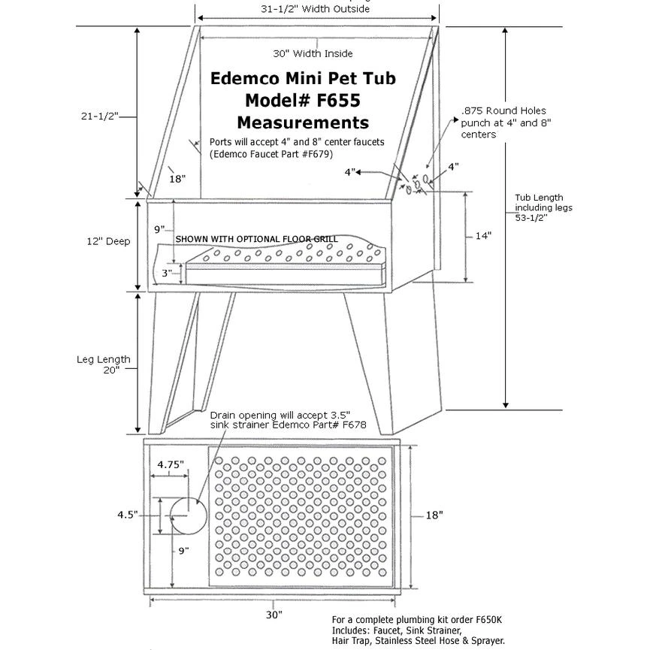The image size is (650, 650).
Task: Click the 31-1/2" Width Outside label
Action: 315,9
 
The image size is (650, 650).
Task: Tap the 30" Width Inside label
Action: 313,53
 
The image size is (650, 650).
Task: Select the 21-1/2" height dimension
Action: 100,116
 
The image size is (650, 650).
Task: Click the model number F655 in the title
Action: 338,101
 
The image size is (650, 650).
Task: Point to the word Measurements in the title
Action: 303,122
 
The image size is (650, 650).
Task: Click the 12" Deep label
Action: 108,241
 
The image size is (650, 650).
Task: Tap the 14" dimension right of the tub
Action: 483,236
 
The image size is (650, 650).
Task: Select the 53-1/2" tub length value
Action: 531,218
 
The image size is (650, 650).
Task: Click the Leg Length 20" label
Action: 104,364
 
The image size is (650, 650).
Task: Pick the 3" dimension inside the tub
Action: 167,274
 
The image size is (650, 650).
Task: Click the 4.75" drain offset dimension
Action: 171,464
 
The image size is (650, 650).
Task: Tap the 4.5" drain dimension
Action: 128,515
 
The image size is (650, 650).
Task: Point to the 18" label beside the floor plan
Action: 434,515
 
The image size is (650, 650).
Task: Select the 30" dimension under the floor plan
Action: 274,615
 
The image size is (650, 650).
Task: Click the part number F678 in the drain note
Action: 354,425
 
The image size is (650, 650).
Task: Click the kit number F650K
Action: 488,620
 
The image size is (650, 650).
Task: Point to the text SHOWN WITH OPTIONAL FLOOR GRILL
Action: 256,239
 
